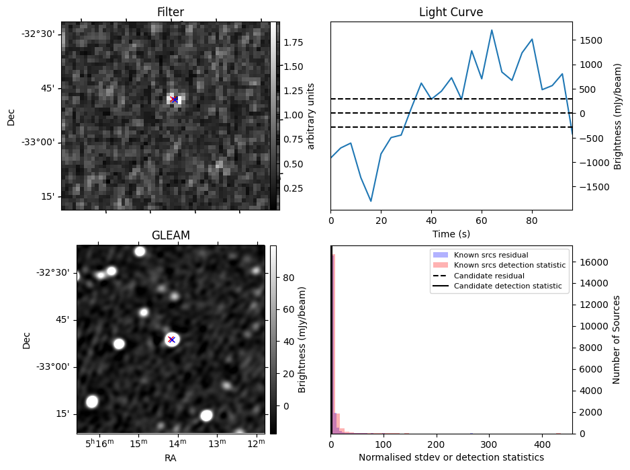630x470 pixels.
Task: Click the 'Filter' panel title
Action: (171, 12)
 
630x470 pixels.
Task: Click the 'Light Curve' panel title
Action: (451, 12)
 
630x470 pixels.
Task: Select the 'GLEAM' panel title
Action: (171, 235)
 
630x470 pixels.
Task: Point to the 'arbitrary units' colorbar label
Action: (311, 115)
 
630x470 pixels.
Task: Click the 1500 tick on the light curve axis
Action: (589, 40)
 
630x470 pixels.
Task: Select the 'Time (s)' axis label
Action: (451, 233)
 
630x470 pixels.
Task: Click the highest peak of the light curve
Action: (492, 30)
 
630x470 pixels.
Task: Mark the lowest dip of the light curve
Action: (371, 201)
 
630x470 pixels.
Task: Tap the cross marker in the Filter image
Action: (174, 100)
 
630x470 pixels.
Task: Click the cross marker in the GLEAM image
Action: (171, 340)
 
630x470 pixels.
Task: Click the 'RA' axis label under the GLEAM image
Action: (171, 457)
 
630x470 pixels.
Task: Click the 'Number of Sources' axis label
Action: (617, 340)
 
